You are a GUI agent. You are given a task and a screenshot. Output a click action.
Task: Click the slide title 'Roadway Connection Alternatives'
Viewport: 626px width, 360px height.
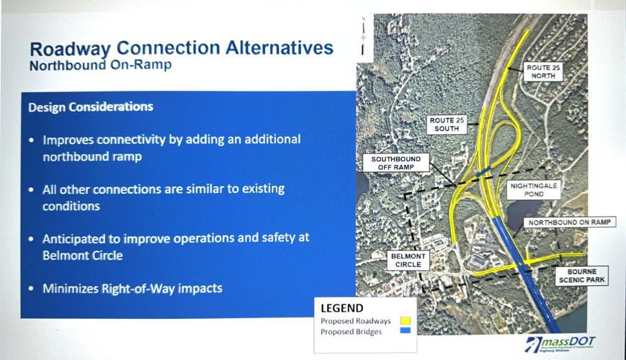(181, 49)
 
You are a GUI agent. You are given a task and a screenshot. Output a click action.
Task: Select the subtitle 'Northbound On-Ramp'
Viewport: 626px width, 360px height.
(100, 66)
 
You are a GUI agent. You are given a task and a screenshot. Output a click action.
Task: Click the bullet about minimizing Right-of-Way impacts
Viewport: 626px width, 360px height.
(132, 289)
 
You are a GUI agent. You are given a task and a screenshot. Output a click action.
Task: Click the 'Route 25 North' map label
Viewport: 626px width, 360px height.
(543, 72)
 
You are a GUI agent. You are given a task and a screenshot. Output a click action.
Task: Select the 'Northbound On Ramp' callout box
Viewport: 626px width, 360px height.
(569, 222)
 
